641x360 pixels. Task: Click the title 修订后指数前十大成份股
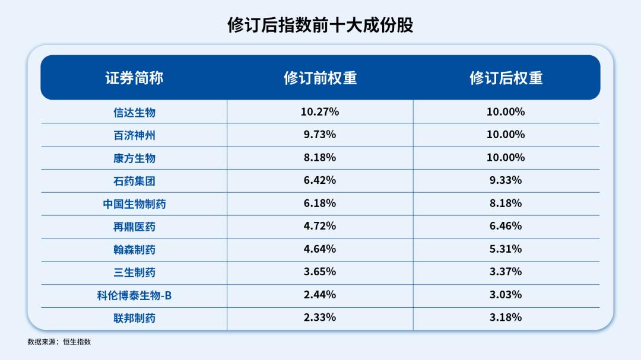320,25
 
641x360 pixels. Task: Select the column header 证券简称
134,78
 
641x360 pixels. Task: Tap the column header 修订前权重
320,78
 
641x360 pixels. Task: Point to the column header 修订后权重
506,78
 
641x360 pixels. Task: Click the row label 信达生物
134,112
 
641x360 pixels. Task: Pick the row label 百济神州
134,135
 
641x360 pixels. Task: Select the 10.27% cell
320,111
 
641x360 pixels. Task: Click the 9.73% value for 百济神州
320,135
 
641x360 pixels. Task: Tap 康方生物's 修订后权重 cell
506,158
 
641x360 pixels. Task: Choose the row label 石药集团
134,181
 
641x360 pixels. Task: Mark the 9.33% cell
506,180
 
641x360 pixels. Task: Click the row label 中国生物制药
134,204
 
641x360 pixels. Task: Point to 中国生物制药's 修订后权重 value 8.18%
506,203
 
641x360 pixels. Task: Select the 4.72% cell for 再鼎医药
320,226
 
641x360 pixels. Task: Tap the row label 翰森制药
134,250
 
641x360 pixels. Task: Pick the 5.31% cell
506,249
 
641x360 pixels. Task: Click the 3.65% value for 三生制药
320,272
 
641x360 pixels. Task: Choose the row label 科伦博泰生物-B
134,295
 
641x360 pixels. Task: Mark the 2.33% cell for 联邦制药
320,317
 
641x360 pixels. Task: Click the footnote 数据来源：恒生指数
59,342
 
